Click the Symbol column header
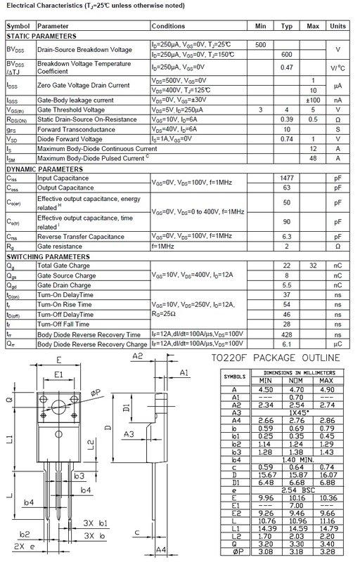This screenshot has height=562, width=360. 18,26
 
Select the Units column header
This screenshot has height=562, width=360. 338,26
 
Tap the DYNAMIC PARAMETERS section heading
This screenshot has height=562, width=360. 45,169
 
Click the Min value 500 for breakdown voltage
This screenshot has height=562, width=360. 260,45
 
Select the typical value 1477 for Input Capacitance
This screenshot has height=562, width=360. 287,178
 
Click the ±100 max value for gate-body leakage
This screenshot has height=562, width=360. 313,100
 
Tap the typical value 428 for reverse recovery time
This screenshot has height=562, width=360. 287,334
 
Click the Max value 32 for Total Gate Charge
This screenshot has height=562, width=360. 313,266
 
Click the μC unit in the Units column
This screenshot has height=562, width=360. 338,344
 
